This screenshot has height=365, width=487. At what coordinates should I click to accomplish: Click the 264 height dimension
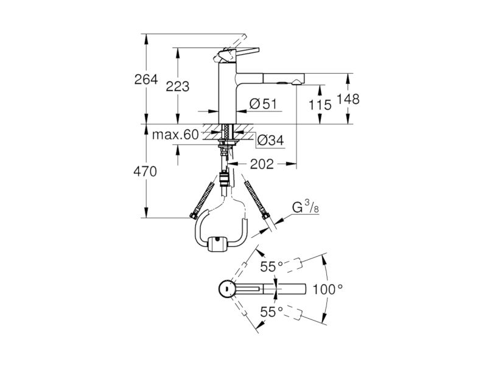pos(146,80)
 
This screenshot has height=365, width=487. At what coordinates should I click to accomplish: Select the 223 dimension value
pos(177,86)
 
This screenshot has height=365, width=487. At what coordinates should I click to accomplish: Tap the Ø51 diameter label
pos(263,104)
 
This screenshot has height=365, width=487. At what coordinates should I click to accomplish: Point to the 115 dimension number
pos(320,105)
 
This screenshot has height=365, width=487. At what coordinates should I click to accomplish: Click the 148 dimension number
pos(348,99)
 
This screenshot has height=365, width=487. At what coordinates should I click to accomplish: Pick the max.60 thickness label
pos(175,134)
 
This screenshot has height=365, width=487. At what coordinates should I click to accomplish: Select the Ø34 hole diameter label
pos(270,141)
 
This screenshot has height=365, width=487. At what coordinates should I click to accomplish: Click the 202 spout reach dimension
pos(262,164)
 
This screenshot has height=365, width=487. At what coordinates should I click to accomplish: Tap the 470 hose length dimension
pos(145,172)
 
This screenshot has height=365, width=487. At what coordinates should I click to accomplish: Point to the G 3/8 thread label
pos(306,206)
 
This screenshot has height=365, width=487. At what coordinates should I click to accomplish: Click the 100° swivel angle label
pos(328,290)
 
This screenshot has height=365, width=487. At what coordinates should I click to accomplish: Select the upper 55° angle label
pos(272,266)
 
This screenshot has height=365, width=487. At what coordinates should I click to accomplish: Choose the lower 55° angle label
pos(272,312)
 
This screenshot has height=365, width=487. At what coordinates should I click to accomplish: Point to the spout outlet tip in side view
pos(296,82)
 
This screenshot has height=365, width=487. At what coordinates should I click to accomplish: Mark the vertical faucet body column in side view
pos(228,92)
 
